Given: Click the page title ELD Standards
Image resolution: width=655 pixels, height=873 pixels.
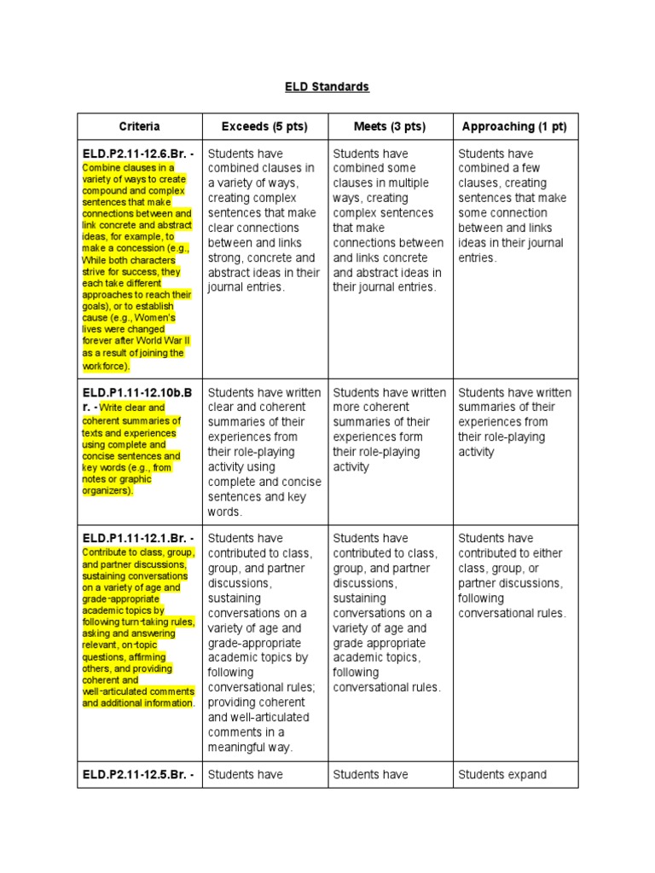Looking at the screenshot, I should (327, 87).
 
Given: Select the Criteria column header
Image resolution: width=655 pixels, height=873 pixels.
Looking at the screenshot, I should (139, 127).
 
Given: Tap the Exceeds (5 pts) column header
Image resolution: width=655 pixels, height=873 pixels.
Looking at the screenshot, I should (264, 127).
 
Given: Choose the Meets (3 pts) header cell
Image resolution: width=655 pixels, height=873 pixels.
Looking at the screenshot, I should (389, 127).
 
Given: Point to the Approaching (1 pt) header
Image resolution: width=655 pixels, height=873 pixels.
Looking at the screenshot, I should (514, 127).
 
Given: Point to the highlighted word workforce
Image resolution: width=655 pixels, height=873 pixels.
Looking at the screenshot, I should (105, 366).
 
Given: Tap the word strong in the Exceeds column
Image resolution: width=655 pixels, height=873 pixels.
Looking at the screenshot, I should (227, 257).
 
